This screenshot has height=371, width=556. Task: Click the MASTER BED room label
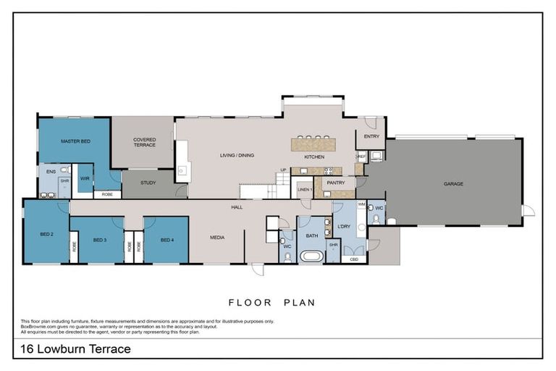click(75, 141)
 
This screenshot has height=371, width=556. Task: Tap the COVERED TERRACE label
click(145, 142)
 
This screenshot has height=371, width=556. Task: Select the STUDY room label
click(148, 183)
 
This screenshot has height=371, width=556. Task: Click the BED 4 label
click(167, 240)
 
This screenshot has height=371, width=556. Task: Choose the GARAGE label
click(453, 183)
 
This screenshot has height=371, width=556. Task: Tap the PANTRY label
click(335, 183)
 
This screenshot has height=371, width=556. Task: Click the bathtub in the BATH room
click(313, 257)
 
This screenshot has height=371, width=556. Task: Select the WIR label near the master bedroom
click(84, 178)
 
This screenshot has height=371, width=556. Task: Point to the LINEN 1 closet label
click(304, 189)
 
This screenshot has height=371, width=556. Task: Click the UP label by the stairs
click(284, 170)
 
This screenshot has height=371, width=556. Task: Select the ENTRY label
click(371, 136)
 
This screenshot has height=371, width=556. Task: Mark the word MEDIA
click(217, 237)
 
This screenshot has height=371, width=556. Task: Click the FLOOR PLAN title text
click(272, 302)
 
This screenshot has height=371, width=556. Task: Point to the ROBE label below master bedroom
click(107, 194)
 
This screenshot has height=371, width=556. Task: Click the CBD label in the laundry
click(354, 259)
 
